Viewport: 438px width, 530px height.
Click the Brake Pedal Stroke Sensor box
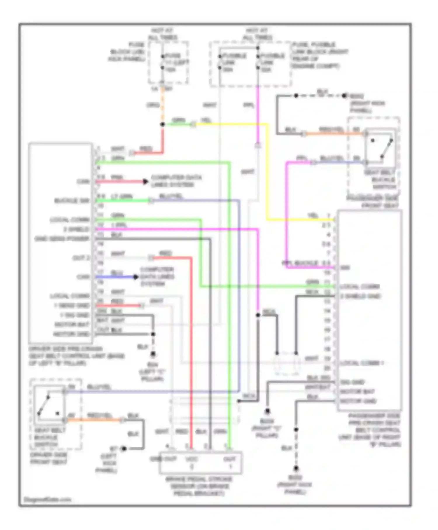200,463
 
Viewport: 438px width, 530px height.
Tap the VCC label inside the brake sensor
192,459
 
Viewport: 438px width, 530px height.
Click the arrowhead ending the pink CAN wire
145,181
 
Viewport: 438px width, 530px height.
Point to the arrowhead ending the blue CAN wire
135,277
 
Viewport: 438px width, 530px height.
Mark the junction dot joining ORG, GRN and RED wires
163,124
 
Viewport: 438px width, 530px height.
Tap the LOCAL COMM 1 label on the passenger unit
362,363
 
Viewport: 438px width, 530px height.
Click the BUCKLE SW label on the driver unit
72,201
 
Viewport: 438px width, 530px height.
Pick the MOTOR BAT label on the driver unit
72,325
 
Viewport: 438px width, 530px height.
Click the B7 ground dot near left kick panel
124,448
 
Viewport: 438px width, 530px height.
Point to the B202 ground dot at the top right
345,96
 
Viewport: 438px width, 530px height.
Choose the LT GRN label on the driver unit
122,196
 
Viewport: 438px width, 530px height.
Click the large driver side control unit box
61,243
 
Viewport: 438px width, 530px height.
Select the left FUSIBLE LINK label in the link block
234,63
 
